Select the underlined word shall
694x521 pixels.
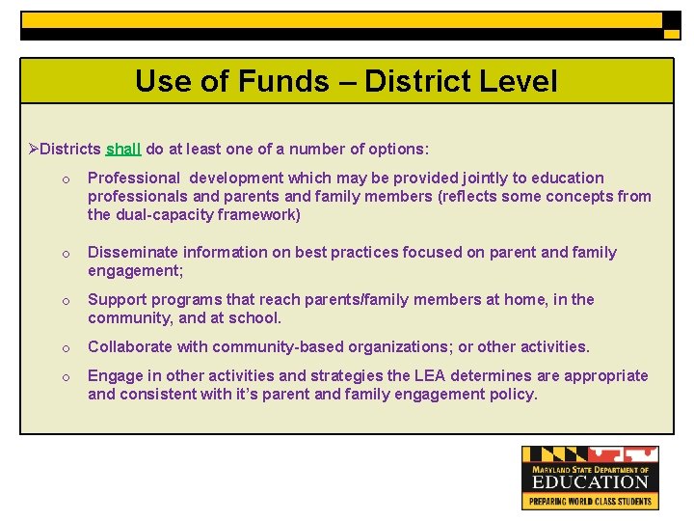123,150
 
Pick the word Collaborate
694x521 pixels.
130,347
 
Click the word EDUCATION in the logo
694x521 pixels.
591,481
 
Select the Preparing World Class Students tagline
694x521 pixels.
591,501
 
